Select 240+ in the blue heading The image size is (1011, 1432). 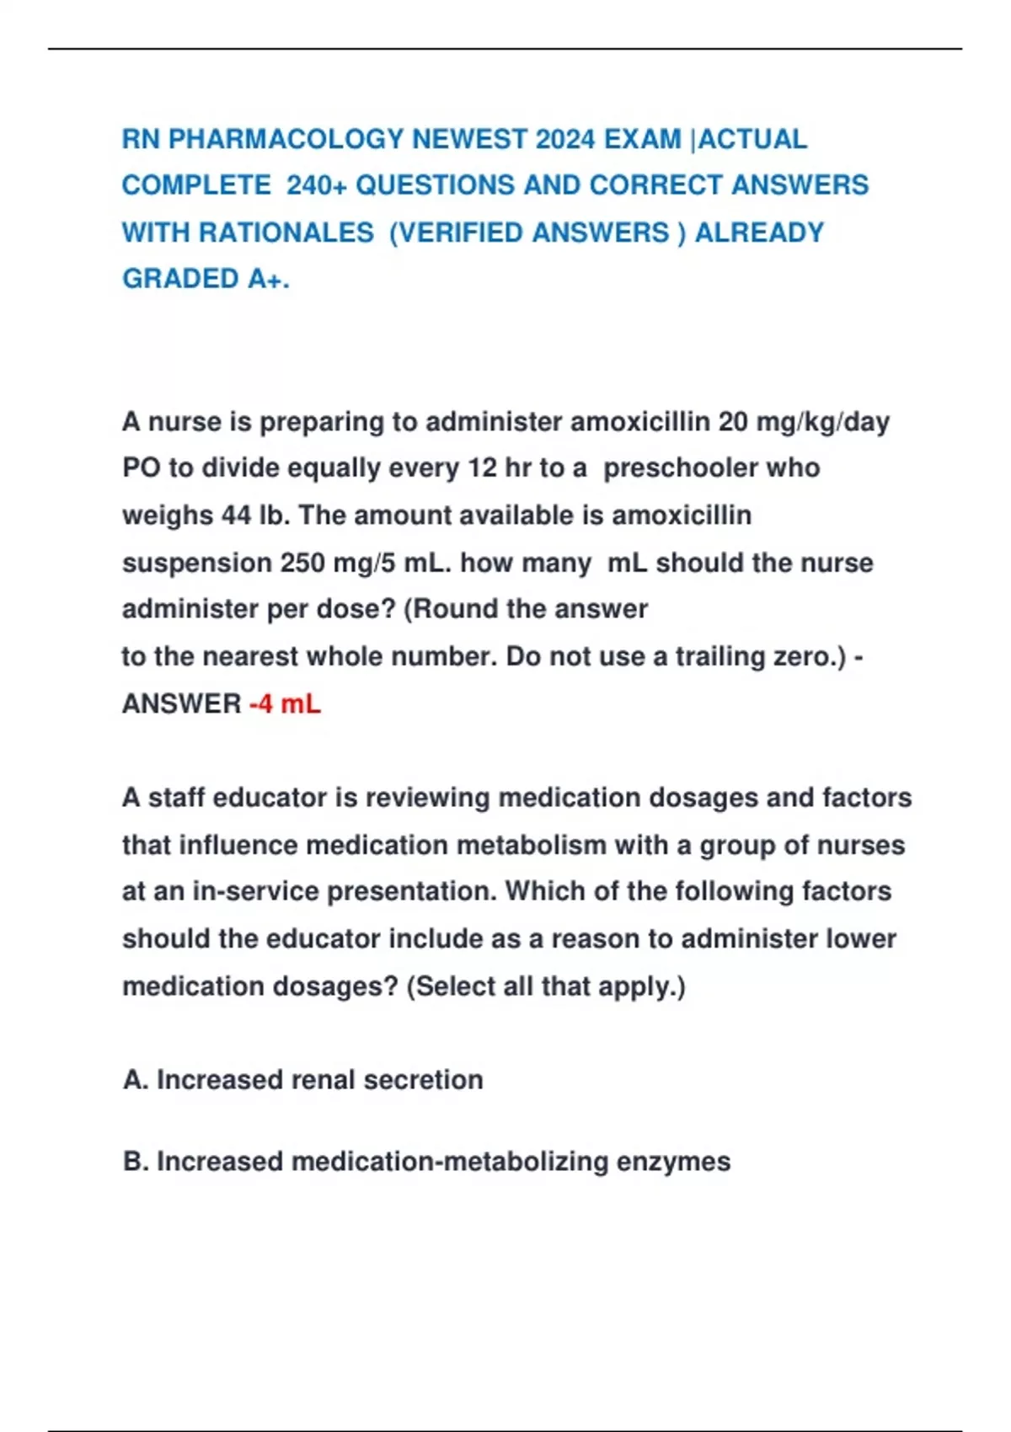[x=317, y=185]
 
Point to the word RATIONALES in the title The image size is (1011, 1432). [x=286, y=232]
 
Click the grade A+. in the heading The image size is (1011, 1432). [x=268, y=279]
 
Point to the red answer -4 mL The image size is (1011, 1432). [x=285, y=703]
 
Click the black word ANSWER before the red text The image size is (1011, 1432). [x=182, y=703]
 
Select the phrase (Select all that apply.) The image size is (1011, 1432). [x=546, y=986]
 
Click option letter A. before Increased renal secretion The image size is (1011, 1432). [x=136, y=1080]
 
